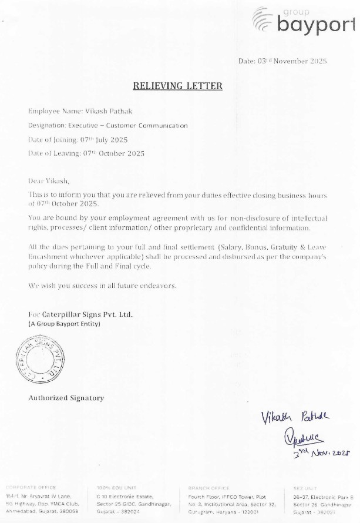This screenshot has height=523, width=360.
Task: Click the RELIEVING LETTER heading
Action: [177, 86]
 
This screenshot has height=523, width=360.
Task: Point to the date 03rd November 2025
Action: [282, 61]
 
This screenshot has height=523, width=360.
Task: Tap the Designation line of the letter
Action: [108, 125]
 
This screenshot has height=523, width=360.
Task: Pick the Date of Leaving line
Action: [86, 153]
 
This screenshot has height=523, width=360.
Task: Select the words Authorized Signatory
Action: [66, 398]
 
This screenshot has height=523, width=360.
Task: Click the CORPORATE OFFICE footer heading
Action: [31, 488]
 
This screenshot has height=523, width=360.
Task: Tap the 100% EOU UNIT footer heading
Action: [116, 488]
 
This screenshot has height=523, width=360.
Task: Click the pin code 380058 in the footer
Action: [69, 511]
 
